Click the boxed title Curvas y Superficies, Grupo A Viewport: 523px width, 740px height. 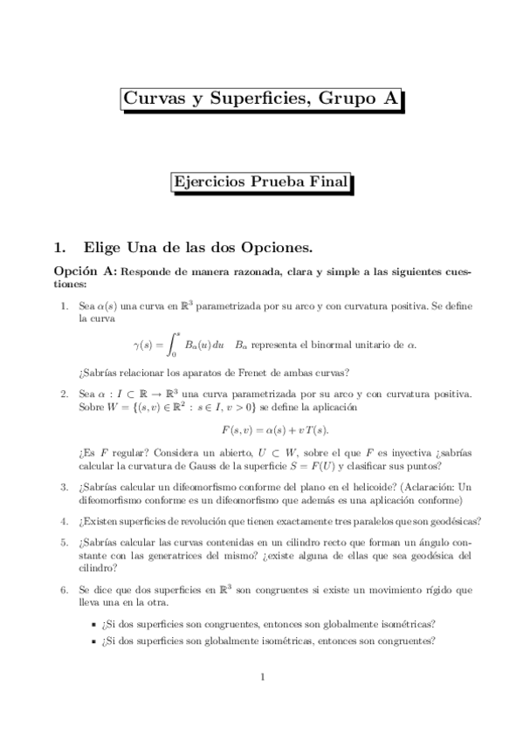pos(261,101)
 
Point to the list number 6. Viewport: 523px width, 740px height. pos(63,591)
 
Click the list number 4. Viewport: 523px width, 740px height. pos(63,522)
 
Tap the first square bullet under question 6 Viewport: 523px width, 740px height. pos(94,625)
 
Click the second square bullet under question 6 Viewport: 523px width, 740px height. pos(94,642)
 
